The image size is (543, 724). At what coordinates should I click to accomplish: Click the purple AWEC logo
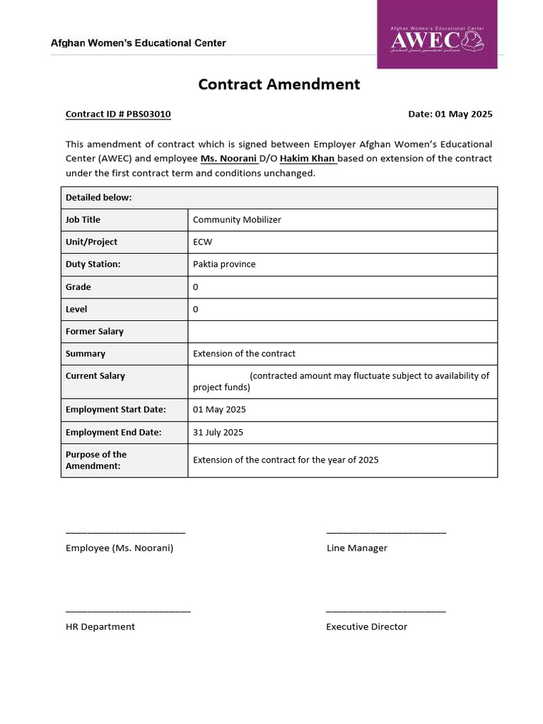point(437,35)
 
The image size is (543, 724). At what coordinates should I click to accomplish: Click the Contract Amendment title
point(279,84)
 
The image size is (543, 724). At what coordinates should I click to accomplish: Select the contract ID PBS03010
point(118,114)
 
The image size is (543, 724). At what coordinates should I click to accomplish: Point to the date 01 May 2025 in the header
point(450,114)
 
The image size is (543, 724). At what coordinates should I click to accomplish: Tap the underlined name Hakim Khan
point(308,158)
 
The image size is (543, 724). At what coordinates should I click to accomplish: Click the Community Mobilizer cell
point(237,220)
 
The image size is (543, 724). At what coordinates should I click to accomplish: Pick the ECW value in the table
point(202,242)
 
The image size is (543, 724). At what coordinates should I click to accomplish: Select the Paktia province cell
point(224,264)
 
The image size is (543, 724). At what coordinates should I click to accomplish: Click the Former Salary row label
point(95,332)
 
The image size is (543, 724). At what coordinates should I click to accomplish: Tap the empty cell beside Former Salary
point(342,332)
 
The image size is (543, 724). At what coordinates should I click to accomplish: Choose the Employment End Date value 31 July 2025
point(218,432)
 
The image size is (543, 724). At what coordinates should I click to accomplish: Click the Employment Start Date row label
point(116,409)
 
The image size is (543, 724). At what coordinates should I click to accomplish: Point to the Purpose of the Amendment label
point(96,460)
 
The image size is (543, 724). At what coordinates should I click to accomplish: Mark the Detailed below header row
point(279,197)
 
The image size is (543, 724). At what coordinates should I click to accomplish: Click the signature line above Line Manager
point(386,532)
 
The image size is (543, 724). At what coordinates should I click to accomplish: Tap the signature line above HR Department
point(128,610)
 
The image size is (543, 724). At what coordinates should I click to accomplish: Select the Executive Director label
point(366,626)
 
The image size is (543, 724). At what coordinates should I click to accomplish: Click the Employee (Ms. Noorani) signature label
point(119,548)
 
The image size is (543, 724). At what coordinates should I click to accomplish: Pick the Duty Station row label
point(93,264)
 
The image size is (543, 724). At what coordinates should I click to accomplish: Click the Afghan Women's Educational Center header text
point(139,43)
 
